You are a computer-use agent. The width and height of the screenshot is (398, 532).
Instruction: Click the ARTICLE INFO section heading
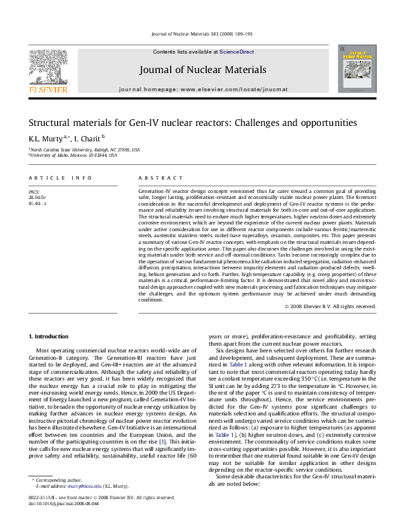[60, 178]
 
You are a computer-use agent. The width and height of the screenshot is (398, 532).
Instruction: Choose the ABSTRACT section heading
[160, 178]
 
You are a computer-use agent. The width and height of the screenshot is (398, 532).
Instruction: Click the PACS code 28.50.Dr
[39, 198]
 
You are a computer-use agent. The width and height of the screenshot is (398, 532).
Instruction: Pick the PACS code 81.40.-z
[38, 203]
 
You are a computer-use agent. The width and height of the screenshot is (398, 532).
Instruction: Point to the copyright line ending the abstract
[330, 306]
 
